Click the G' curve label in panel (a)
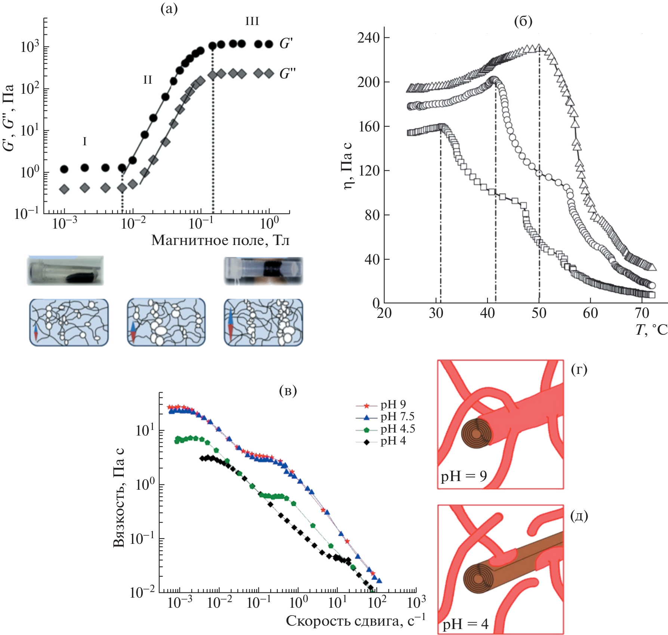(x=286, y=44)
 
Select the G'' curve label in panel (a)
(x=287, y=73)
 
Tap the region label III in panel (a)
(x=252, y=22)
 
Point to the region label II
(x=148, y=80)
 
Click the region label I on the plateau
(x=84, y=142)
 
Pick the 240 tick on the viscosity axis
(x=368, y=38)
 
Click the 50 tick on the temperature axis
(x=539, y=313)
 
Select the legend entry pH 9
(x=393, y=405)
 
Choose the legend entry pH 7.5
(x=397, y=416)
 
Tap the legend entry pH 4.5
(x=397, y=429)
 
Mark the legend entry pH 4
(x=393, y=441)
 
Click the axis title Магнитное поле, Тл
(x=220, y=240)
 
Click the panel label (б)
(x=523, y=22)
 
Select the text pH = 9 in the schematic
(x=464, y=476)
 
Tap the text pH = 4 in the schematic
(x=465, y=624)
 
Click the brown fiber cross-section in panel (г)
(x=475, y=433)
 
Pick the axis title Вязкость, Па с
(x=119, y=498)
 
